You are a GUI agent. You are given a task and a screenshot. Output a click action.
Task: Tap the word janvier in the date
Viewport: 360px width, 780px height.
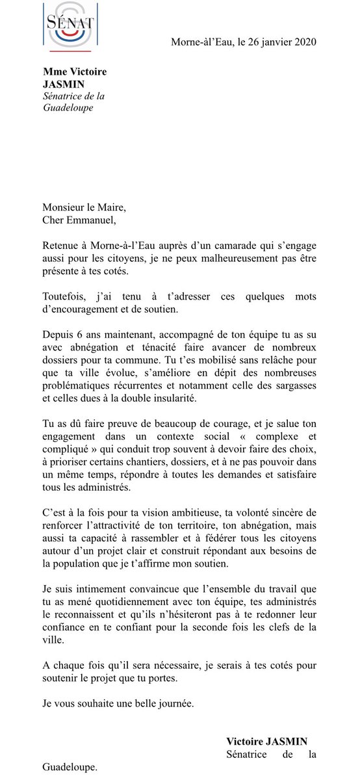[x=267, y=43]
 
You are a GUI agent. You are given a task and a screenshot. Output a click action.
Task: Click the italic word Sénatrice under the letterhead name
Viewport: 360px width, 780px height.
[x=64, y=96]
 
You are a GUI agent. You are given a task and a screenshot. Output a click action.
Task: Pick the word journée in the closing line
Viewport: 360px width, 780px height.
[x=171, y=702]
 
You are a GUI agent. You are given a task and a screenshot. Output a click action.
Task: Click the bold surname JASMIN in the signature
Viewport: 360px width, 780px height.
[x=287, y=742]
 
